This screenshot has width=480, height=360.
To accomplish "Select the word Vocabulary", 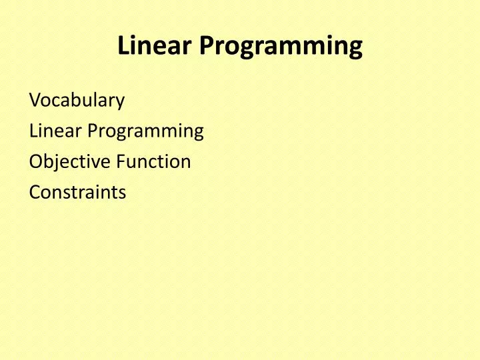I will tap(77, 101).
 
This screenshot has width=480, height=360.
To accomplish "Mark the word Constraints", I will tap(77, 192).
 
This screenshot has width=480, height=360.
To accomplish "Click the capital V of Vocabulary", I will tap(35, 101).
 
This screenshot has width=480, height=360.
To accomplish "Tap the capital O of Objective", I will tap(36, 161).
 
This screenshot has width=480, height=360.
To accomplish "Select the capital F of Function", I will tap(121, 161).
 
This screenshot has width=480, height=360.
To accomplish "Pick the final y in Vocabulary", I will tap(120, 103).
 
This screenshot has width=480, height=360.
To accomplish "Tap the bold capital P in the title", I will tap(206, 46).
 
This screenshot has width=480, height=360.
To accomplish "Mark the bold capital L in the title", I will tap(123, 46).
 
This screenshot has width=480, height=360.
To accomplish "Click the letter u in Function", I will tap(132, 163).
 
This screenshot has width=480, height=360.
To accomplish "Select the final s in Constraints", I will tap(122, 193).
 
